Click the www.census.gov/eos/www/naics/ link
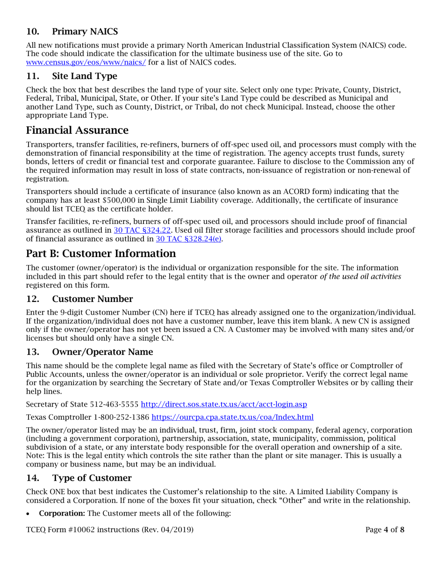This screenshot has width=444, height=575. (86, 62)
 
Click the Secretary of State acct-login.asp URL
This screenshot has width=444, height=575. (224, 403)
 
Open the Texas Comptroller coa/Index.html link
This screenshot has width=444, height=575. (232, 417)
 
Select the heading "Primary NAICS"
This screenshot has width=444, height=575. (85, 32)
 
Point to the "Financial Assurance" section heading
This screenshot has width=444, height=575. (77, 130)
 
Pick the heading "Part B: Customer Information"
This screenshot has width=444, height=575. (101, 253)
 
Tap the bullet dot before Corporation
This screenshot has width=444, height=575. (29, 513)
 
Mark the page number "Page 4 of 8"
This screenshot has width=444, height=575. (385, 530)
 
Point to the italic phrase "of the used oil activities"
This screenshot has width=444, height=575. (360, 276)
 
